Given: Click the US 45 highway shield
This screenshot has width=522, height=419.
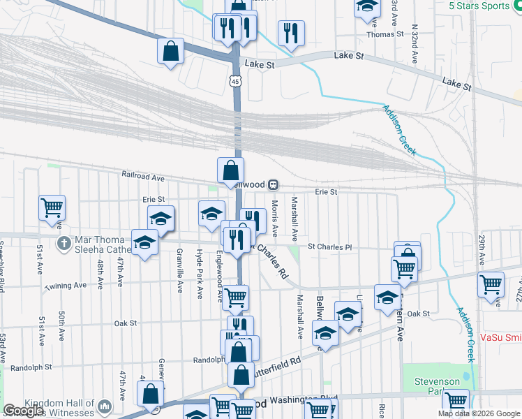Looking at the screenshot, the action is tap(236, 82).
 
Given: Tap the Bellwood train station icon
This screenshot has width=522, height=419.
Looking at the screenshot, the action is tap(274, 185).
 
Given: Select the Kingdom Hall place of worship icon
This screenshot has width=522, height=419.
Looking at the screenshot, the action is tap(105, 405).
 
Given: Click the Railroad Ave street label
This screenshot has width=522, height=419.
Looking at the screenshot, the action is tap(142, 175).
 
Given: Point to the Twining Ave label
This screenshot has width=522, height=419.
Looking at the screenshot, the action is tap(66, 286).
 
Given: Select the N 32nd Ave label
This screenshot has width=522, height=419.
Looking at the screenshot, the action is tap(414, 43).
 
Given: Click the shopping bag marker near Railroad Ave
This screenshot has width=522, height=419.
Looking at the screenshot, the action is tap(230, 170).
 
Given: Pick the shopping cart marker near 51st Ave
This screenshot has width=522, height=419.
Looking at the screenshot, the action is tap(52, 207).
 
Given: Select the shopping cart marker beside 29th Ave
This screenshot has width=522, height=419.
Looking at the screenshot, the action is tap(491, 284).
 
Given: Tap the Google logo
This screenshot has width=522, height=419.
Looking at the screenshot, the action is tap(23, 411).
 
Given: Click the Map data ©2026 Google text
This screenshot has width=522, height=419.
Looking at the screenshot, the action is tap(478, 413).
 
